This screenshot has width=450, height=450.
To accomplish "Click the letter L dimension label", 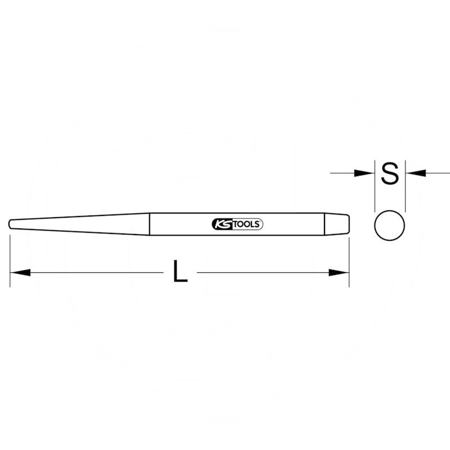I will pos(179,272).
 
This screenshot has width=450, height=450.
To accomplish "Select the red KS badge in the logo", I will pos(222,223).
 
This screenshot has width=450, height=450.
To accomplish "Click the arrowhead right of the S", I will pos(415,173).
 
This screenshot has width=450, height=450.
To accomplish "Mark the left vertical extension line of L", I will pos(10,259).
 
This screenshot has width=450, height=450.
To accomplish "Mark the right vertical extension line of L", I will pos(349,259).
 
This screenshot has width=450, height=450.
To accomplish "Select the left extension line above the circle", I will pos(374,191).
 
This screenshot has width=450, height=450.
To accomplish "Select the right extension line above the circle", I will pos(405,191).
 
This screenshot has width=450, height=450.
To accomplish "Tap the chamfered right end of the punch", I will pos(346,223).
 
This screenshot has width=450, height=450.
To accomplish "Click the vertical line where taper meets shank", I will pos(149,223).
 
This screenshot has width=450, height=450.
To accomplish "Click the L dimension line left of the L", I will pos(96,273).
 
